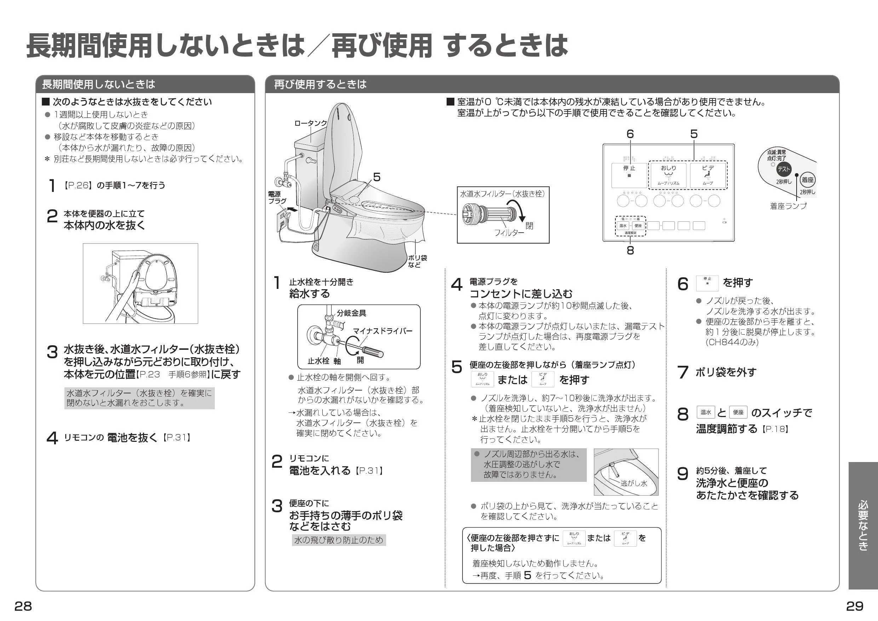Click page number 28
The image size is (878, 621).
tap(23, 606)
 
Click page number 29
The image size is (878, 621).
tap(854, 606)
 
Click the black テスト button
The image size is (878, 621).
tap(784, 169)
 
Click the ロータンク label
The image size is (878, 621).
tap(310, 123)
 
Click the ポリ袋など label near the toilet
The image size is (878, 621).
tap(417, 261)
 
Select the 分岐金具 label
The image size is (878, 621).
tap(351, 313)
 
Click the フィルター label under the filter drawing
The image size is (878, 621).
tap(509, 233)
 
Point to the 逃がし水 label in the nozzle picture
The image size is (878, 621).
tap(634, 483)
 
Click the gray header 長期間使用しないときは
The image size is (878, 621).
tap(99, 84)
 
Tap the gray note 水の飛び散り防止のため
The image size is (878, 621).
tap(338, 540)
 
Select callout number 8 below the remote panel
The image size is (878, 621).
tap(630, 250)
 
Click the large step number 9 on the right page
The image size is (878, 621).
tap(683, 474)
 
